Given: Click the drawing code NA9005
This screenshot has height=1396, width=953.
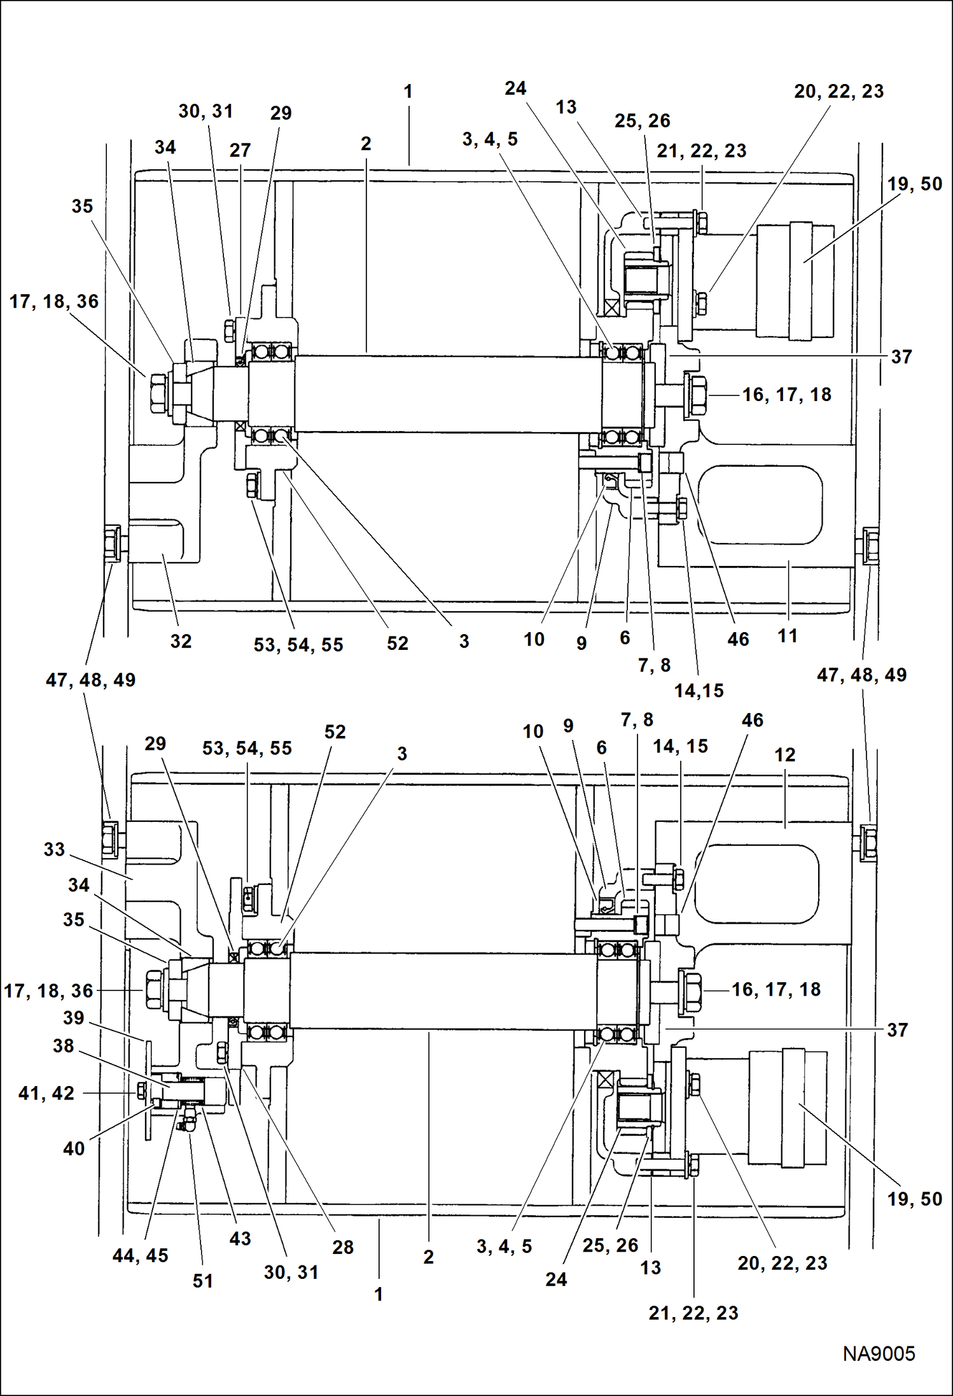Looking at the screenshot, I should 879,1354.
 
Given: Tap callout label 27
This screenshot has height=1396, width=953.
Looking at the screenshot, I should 240,150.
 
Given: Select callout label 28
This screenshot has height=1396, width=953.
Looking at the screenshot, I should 342,1247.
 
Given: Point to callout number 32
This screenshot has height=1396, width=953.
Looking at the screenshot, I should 181,641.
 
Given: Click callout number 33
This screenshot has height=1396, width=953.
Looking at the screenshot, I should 54,849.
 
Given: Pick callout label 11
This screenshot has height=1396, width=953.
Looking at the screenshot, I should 787,635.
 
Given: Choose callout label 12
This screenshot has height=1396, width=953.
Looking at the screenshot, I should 784,755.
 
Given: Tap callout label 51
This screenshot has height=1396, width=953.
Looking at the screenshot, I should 202,1281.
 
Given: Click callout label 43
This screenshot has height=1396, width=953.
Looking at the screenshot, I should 240,1238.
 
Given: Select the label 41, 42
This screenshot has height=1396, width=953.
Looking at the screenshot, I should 46,1093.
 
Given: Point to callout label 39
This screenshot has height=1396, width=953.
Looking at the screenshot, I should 73,1017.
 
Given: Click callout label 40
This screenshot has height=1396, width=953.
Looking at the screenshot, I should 73,1148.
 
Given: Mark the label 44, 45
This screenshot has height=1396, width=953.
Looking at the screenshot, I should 140,1255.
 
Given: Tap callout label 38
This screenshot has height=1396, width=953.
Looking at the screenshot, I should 63,1046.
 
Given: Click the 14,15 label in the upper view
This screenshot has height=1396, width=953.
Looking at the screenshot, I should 699,691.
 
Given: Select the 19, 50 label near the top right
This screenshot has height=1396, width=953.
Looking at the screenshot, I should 914,184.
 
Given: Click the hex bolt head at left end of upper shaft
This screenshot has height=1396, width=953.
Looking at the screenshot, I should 158,394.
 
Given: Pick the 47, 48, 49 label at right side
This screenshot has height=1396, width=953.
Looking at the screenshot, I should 861,675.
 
